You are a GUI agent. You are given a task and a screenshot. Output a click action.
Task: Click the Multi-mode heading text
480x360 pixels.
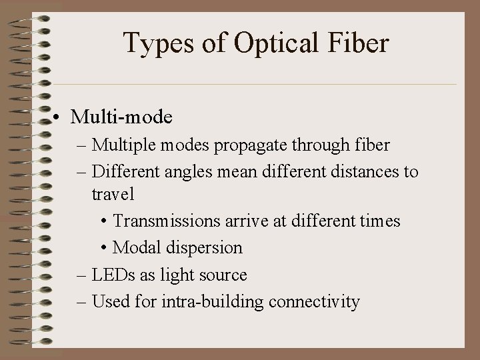pyautogui.click(x=122, y=117)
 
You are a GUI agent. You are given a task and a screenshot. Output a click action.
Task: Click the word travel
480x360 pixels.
pyautogui.click(x=113, y=194)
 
